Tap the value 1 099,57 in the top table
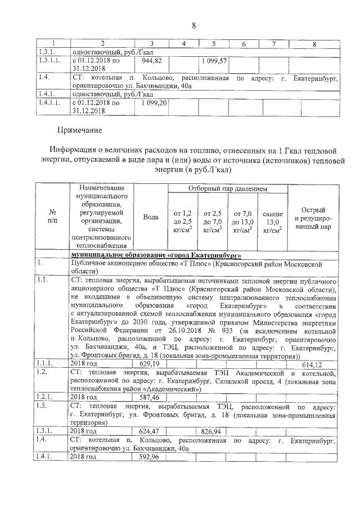[214, 60]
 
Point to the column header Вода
[150, 217]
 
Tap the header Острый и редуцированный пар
[312, 217]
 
